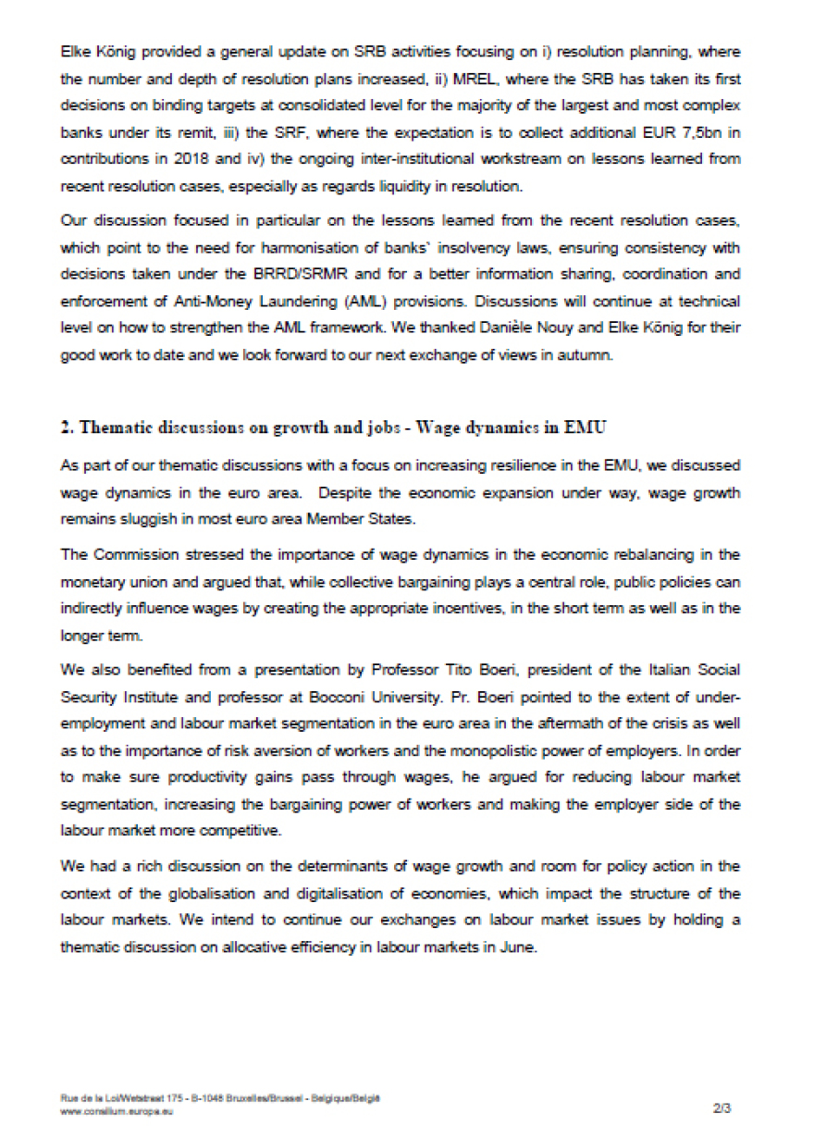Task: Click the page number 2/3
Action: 722,1106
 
